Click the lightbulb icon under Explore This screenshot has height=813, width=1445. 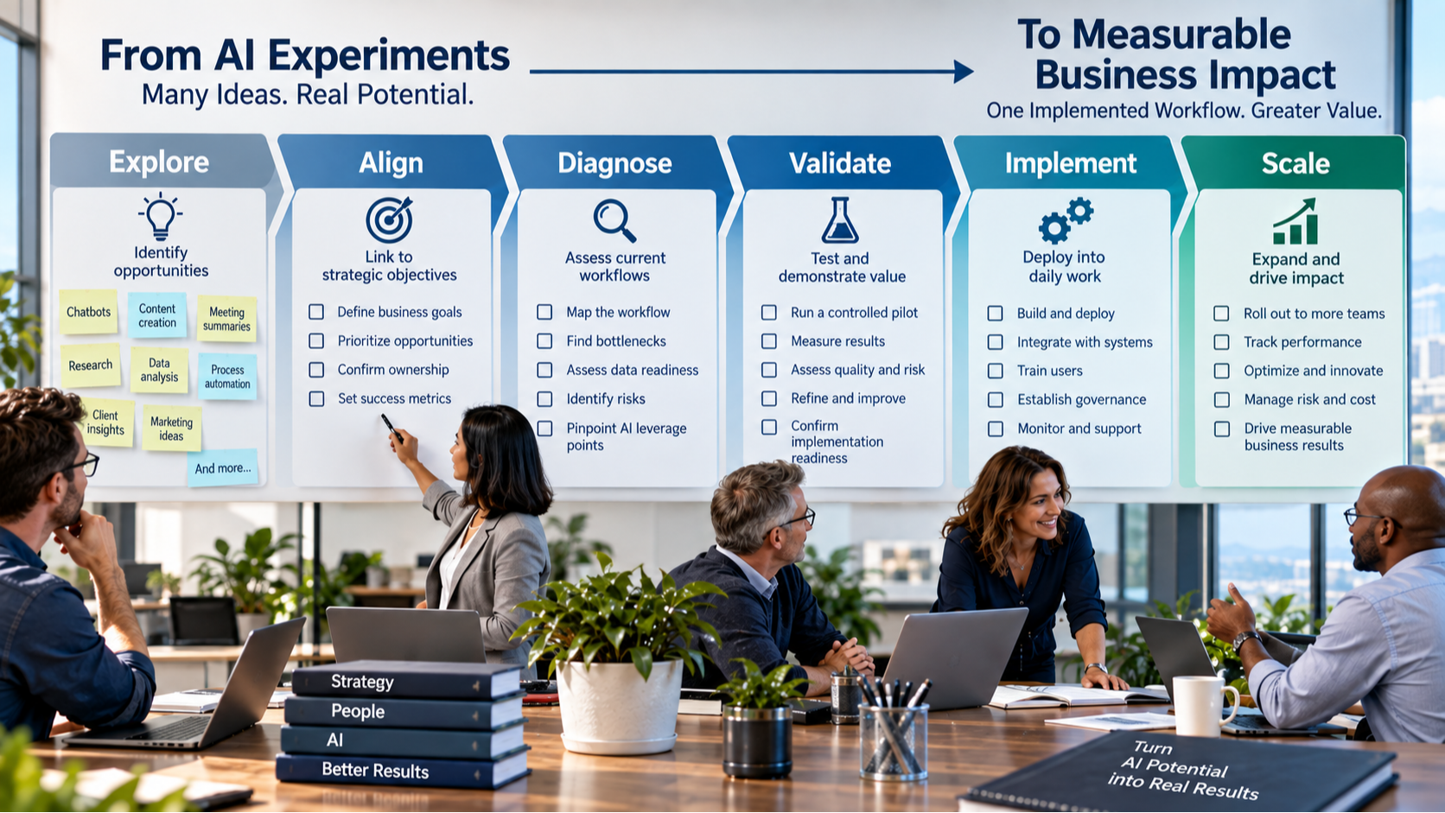(160, 217)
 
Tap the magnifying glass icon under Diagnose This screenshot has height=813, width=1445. (614, 220)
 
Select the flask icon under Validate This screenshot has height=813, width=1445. (840, 220)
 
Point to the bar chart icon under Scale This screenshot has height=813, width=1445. (1295, 221)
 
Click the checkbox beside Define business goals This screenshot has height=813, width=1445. (316, 312)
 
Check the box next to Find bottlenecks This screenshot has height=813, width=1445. (544, 341)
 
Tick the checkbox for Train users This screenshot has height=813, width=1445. (996, 371)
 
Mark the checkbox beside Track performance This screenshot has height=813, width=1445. (1221, 342)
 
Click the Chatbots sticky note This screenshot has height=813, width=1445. (88, 312)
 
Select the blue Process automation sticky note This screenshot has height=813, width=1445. (227, 377)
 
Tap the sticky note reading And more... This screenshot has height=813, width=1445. (223, 467)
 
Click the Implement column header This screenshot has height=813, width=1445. (1070, 163)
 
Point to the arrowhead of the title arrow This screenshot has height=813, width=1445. (964, 72)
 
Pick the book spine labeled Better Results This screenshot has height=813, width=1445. (404, 770)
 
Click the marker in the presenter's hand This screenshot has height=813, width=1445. (391, 428)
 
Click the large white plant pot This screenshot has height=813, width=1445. (619, 705)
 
